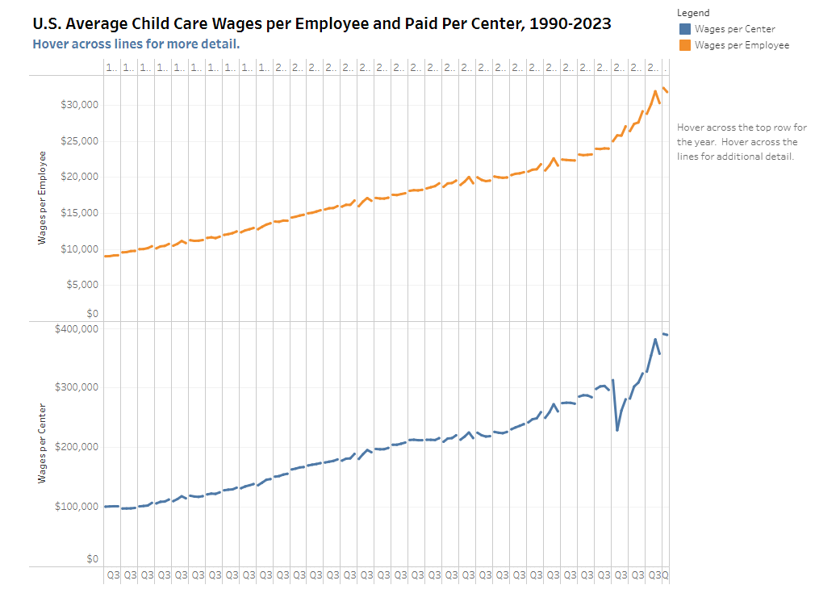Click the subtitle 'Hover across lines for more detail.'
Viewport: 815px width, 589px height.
point(136,44)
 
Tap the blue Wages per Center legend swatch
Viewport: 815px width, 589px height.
point(685,29)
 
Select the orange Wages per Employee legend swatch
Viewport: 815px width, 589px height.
point(685,45)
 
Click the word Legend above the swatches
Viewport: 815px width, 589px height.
point(693,13)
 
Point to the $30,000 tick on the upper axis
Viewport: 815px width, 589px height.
point(79,105)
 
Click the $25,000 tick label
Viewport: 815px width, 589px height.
point(79,141)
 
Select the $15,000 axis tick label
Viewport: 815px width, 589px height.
point(79,213)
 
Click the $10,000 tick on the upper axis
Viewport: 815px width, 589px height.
point(79,249)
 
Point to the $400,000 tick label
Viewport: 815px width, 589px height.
point(77,329)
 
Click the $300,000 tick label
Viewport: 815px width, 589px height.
point(77,387)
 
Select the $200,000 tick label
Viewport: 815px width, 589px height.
point(77,447)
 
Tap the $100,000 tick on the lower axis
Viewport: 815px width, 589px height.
point(77,507)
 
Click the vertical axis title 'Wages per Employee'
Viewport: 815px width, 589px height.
point(42,198)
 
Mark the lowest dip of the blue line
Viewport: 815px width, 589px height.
point(617,430)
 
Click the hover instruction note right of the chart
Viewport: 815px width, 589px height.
point(742,142)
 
